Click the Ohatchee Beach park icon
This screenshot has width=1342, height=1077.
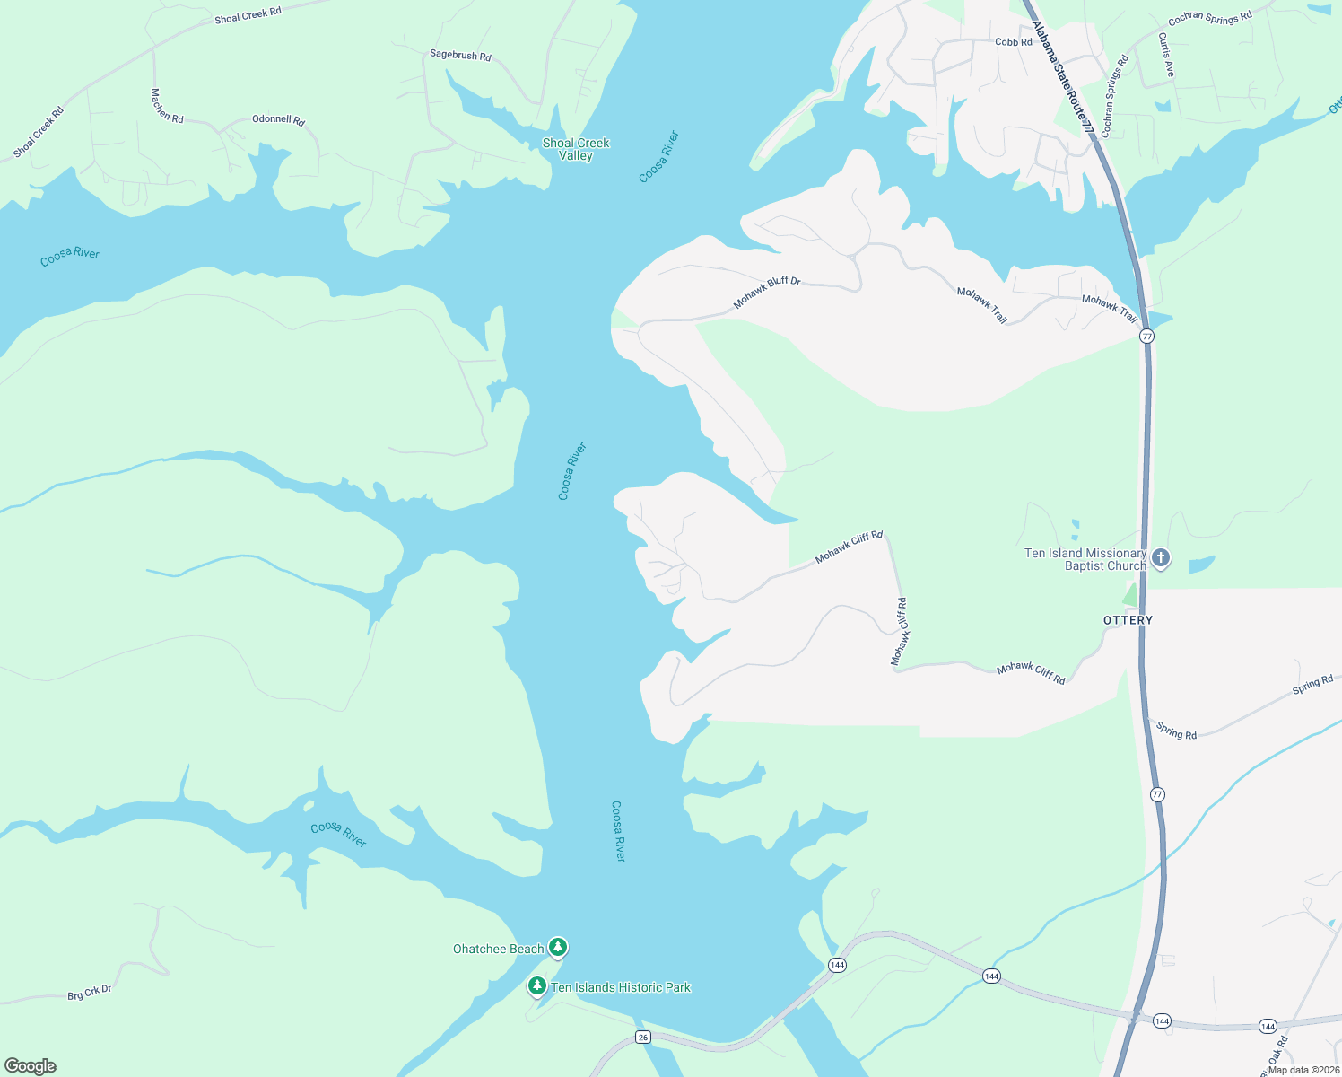(x=558, y=947)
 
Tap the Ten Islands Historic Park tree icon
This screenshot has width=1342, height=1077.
(x=537, y=986)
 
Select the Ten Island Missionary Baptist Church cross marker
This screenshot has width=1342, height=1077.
(x=1161, y=558)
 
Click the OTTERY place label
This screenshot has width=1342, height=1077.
(x=1128, y=620)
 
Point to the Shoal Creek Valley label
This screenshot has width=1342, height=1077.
(x=576, y=149)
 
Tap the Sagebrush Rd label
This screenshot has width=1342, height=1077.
(x=460, y=55)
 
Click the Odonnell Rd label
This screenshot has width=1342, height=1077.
(x=278, y=119)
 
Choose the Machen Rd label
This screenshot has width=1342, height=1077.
(x=167, y=106)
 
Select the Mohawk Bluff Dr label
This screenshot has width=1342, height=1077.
(x=767, y=293)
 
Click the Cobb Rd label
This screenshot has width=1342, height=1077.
(x=1014, y=42)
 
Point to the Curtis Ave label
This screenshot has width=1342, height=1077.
(x=1165, y=55)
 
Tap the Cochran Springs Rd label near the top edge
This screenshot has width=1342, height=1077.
(x=1210, y=19)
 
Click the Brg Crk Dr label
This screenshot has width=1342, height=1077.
(x=90, y=994)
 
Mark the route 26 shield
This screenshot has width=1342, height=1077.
(x=642, y=1038)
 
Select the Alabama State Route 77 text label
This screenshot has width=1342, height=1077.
(x=1063, y=77)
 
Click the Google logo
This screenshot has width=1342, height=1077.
(x=30, y=1066)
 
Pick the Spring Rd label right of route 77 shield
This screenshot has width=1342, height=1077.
(x=1312, y=685)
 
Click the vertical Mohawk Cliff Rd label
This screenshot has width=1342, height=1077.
(x=900, y=632)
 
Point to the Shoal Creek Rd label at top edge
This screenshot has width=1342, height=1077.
(x=248, y=15)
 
